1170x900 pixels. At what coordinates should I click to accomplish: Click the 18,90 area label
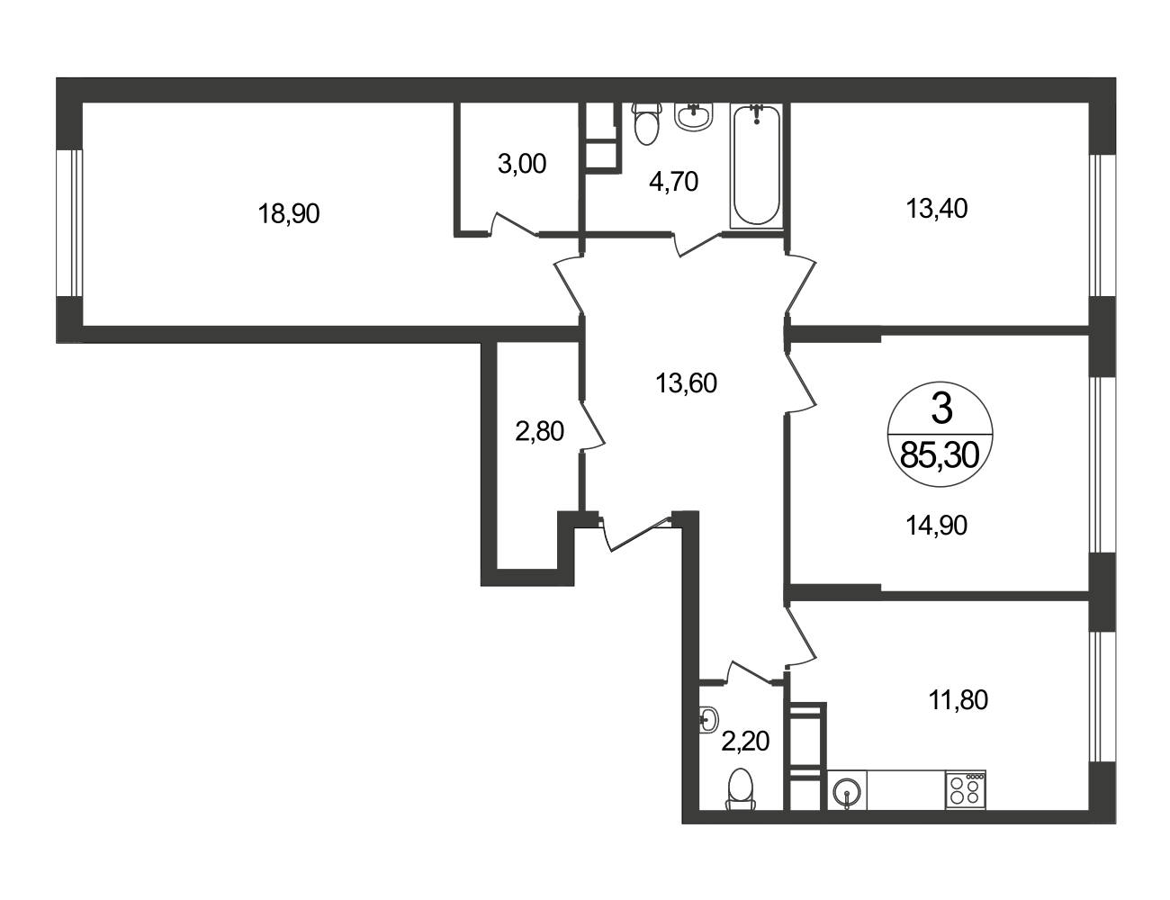(x=289, y=213)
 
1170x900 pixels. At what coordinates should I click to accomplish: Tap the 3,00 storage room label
(x=522, y=164)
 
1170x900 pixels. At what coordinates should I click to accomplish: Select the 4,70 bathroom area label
(x=673, y=182)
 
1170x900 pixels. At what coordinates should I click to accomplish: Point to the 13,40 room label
(x=937, y=208)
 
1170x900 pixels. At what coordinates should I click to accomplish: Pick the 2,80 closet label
(x=539, y=431)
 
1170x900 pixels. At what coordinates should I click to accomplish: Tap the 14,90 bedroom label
(x=937, y=526)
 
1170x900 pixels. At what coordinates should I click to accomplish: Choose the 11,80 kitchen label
(x=958, y=700)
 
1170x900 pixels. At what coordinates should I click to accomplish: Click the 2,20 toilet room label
(x=745, y=742)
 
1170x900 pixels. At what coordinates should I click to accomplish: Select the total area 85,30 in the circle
(x=940, y=456)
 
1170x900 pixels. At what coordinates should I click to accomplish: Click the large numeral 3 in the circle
(x=941, y=409)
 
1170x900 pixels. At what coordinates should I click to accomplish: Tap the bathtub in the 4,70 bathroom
(x=757, y=166)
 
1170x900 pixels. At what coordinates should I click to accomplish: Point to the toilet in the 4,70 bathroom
(x=646, y=123)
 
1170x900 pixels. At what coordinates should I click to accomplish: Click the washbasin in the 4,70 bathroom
(x=695, y=116)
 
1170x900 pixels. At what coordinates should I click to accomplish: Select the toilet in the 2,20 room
(x=741, y=789)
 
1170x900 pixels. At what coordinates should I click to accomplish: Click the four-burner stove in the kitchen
(x=965, y=789)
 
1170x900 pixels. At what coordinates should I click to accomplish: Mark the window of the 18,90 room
(x=69, y=223)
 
